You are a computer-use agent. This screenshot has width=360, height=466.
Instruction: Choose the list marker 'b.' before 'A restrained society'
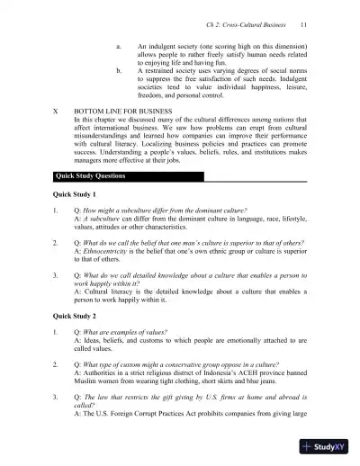[120, 68]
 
